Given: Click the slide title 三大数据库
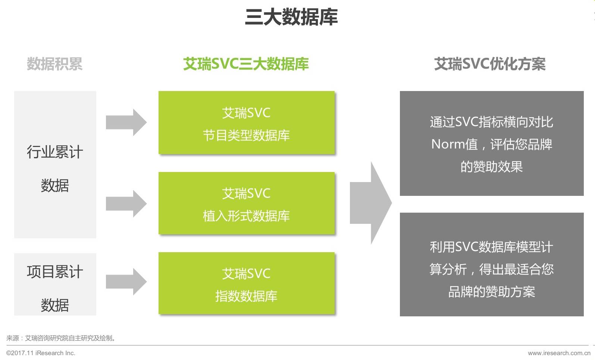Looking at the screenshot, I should tap(291, 17).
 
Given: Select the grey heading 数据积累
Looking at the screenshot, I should tap(54, 64).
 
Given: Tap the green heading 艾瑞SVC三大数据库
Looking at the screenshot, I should tap(246, 64).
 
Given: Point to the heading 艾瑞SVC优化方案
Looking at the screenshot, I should tap(490, 64).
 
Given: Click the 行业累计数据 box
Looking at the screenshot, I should tap(55, 165).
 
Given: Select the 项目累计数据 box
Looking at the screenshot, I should tap(55, 284).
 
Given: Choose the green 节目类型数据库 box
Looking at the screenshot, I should tap(246, 123).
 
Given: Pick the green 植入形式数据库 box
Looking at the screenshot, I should tap(246, 203).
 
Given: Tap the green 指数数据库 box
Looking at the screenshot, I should tap(246, 284).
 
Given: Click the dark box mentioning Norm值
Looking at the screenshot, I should tap(491, 143).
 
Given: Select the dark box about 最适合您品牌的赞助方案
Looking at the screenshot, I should tap(491, 264).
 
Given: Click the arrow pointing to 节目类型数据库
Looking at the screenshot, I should tap(126, 122).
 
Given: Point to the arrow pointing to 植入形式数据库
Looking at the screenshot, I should tap(126, 204).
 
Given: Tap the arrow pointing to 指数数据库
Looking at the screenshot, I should tap(126, 282).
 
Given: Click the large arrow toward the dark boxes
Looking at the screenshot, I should tap(370, 203).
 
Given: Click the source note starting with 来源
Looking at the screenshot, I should tap(62, 338).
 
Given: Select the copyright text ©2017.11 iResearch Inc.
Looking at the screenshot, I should tap(41, 353).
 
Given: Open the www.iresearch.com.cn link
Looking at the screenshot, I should tap(559, 353).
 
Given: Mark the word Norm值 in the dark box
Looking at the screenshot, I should tap(454, 144).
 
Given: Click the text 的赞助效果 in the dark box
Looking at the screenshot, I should tap(491, 166).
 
